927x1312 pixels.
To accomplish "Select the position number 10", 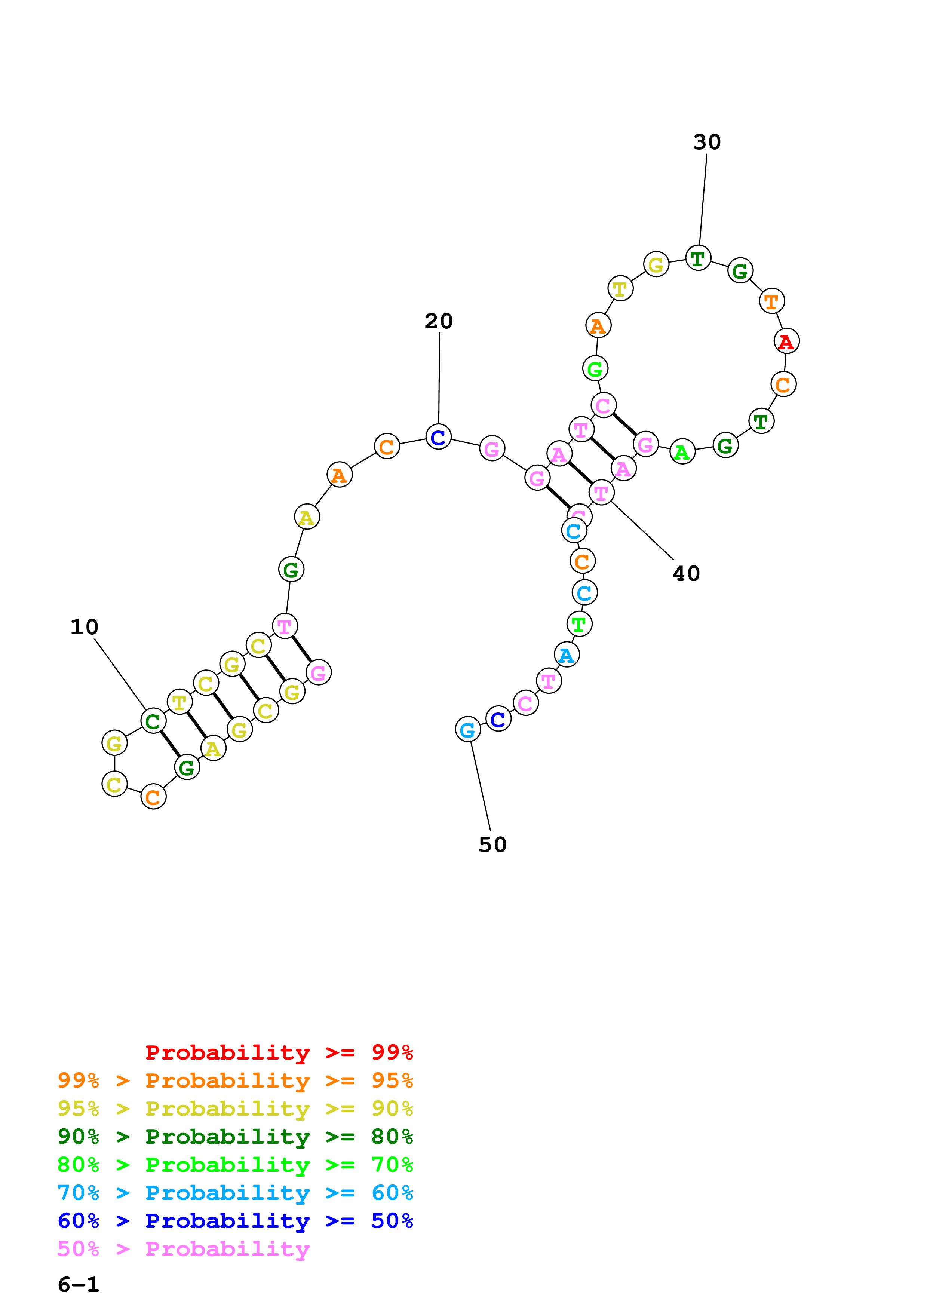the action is click(x=84, y=627).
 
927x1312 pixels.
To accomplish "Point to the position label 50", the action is click(x=492, y=844).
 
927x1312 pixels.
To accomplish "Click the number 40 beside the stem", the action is click(x=686, y=573).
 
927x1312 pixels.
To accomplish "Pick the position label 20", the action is click(x=439, y=321).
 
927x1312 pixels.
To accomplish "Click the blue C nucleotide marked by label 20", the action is click(x=438, y=437).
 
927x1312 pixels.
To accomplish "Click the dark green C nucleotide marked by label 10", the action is click(x=153, y=721).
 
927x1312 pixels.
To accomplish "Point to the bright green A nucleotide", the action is click(x=682, y=452).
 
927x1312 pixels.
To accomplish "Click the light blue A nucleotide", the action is click(x=566, y=655).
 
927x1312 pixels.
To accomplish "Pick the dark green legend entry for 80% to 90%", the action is click(x=235, y=1137).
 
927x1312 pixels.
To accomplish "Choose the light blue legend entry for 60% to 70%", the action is click(x=235, y=1193).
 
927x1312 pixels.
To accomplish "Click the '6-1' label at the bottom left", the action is click(x=78, y=1284).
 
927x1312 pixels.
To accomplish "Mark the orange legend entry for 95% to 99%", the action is click(x=235, y=1080).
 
